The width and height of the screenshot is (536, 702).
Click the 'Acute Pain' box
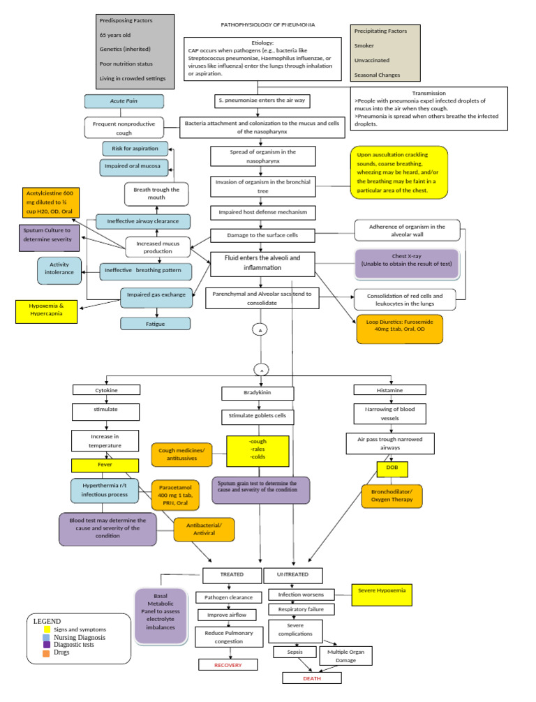(x=124, y=101)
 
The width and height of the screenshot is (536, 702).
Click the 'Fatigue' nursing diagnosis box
(x=155, y=324)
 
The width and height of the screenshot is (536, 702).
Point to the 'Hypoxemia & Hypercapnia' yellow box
(x=47, y=311)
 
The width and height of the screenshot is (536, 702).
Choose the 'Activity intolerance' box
(x=58, y=270)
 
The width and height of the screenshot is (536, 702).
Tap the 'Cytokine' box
(x=106, y=391)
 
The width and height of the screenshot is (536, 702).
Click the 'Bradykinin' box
(x=258, y=393)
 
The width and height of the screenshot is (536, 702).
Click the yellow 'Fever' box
(x=105, y=465)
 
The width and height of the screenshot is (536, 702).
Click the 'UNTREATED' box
(x=292, y=574)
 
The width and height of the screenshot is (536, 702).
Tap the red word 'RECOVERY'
(x=228, y=665)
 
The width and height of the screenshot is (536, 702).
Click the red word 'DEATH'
(x=311, y=678)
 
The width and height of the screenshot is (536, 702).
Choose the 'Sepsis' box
(x=295, y=652)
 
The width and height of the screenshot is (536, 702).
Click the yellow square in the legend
(x=46, y=629)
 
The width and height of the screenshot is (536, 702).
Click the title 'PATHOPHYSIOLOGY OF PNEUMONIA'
(x=267, y=24)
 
